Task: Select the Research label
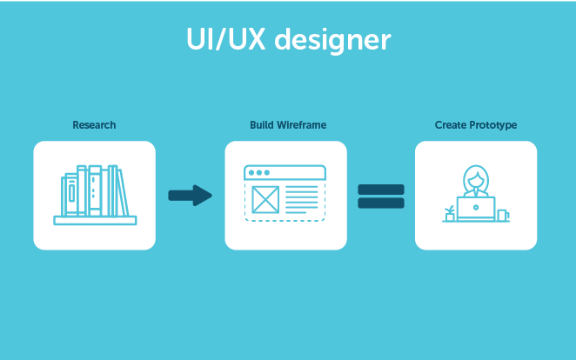[94, 125]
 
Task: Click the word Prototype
[493, 125]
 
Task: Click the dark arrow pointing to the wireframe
[190, 196]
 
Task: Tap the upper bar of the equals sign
[381, 189]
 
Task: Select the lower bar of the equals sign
[381, 203]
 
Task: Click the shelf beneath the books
[94, 221]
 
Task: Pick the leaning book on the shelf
[123, 192]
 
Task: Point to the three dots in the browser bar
[258, 173]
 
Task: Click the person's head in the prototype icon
[475, 178]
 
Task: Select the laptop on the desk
[476, 210]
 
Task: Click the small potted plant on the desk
[449, 213]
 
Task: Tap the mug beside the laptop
[502, 214]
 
